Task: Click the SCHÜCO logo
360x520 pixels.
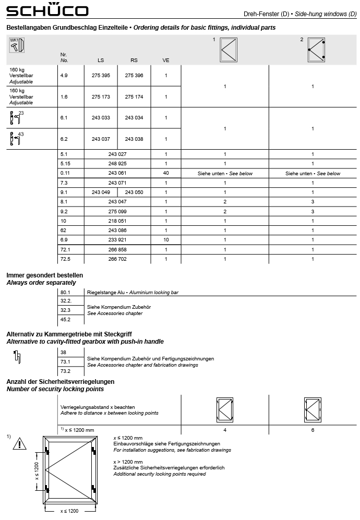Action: point(47,10)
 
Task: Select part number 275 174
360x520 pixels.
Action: point(134,96)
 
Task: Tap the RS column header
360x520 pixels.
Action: point(134,60)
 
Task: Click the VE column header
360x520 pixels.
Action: point(166,60)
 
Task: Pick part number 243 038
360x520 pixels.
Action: point(134,139)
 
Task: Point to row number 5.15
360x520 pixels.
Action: point(66,164)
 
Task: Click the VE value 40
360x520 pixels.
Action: point(166,173)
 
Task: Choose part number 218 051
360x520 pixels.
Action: point(117,221)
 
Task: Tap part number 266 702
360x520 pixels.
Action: point(117,259)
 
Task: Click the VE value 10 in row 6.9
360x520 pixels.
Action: point(166,239)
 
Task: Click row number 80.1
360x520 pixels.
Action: point(65,293)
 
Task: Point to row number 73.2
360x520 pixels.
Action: point(65,371)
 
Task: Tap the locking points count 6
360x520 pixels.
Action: point(313,430)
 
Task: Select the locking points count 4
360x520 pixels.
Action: point(225,430)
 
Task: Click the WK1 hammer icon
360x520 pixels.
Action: point(17,45)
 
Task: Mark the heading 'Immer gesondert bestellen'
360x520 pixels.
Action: point(45,275)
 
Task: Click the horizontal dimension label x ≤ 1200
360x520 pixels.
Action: point(69,511)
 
